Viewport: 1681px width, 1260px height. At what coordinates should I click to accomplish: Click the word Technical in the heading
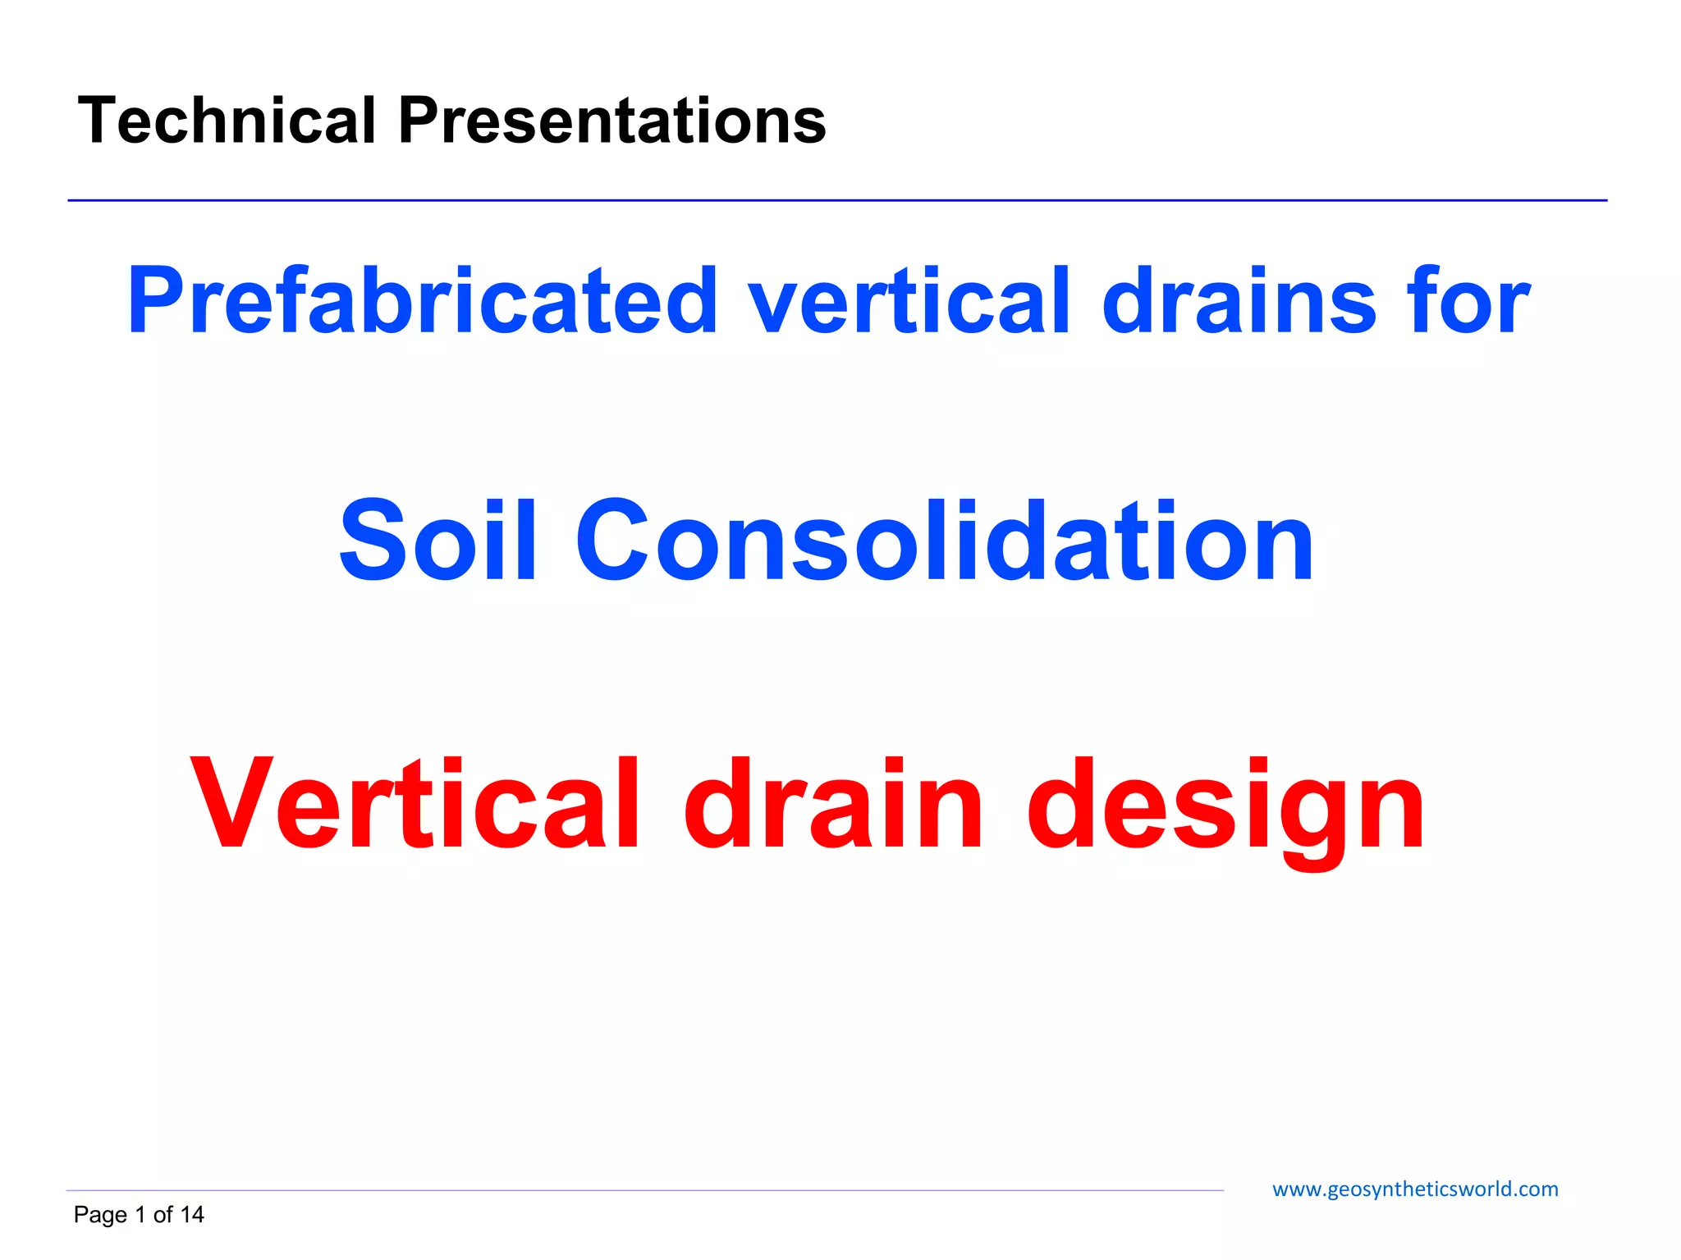point(227,121)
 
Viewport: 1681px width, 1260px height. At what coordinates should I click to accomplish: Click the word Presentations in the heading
point(611,121)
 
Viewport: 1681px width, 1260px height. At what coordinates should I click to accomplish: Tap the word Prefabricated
point(423,301)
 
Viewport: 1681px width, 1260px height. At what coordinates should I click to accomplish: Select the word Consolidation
point(944,541)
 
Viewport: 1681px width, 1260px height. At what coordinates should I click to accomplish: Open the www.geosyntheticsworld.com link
point(1414,1189)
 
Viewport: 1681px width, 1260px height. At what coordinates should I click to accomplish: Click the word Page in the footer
point(100,1215)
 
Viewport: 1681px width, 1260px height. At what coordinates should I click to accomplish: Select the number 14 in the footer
point(192,1215)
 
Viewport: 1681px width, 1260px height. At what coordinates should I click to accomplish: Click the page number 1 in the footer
point(140,1215)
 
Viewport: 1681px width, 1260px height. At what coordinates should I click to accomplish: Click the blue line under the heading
point(837,200)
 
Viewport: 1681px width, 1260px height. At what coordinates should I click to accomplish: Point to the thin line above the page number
point(644,1190)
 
